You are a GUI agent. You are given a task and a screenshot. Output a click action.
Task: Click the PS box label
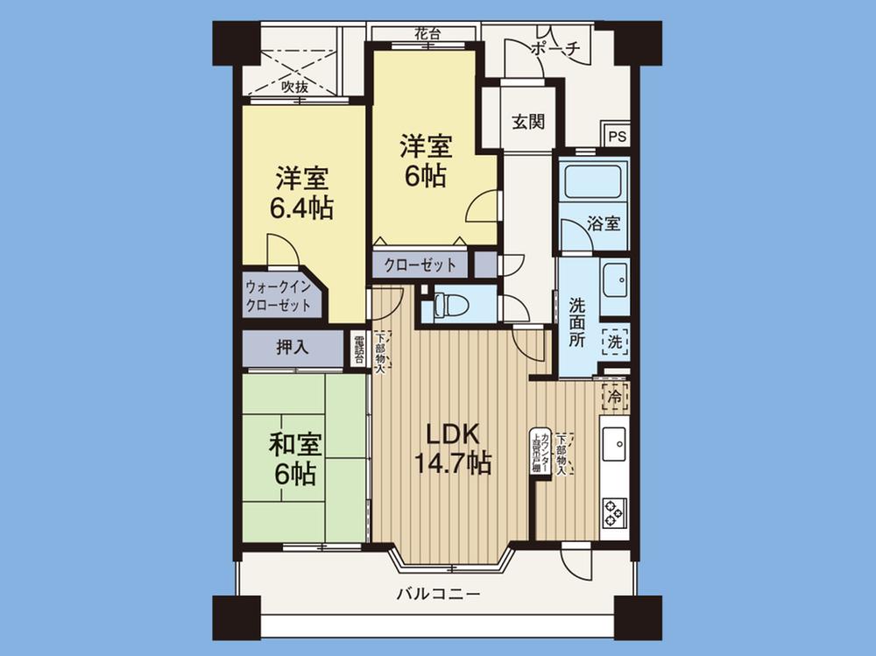click(618, 137)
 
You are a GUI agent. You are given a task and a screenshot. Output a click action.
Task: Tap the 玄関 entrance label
click(528, 122)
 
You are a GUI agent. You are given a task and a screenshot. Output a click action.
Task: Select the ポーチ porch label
click(555, 50)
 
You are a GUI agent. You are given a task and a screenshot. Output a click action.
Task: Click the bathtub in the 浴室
click(592, 181)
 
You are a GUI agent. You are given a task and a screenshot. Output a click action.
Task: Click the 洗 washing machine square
click(615, 341)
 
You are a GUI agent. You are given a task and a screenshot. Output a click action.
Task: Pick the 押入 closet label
click(292, 347)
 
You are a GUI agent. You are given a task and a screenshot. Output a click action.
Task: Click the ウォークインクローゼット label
click(278, 296)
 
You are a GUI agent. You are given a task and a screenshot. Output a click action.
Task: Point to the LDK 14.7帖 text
click(452, 448)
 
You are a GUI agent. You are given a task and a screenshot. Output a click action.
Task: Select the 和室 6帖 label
click(293, 459)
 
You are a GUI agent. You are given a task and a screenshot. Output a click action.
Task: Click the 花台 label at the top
click(427, 34)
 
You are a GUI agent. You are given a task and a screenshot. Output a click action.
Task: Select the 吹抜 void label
click(294, 87)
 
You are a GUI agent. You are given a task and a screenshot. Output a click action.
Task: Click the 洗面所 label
click(577, 323)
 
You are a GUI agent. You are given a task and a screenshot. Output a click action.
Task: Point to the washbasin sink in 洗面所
click(614, 279)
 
